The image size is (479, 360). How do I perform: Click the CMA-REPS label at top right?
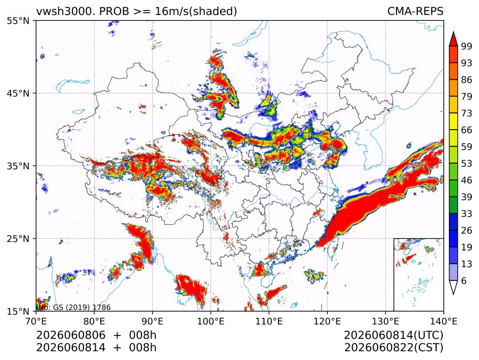[415, 11]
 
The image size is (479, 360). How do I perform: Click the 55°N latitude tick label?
[18, 21]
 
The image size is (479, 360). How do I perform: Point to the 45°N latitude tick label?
[18, 93]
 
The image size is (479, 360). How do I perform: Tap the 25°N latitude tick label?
[18, 238]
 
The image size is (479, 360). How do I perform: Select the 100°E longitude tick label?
[211, 321]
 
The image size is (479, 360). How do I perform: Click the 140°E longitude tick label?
[443, 321]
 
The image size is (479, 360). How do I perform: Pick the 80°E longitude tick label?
[94, 321]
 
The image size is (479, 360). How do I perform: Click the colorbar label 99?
[467, 46]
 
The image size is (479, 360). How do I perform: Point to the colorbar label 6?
[464, 280]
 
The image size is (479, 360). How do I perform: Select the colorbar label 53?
[467, 164]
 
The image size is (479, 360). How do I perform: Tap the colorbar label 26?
[467, 230]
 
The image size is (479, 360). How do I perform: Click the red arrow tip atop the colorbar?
[453, 32]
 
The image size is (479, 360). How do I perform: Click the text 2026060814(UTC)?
[393, 335]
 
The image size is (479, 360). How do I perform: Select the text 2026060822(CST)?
[393, 348]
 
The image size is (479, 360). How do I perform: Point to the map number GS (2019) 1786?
[82, 307]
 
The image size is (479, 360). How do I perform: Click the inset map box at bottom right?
[418, 274]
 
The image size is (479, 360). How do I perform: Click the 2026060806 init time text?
[71, 335]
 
